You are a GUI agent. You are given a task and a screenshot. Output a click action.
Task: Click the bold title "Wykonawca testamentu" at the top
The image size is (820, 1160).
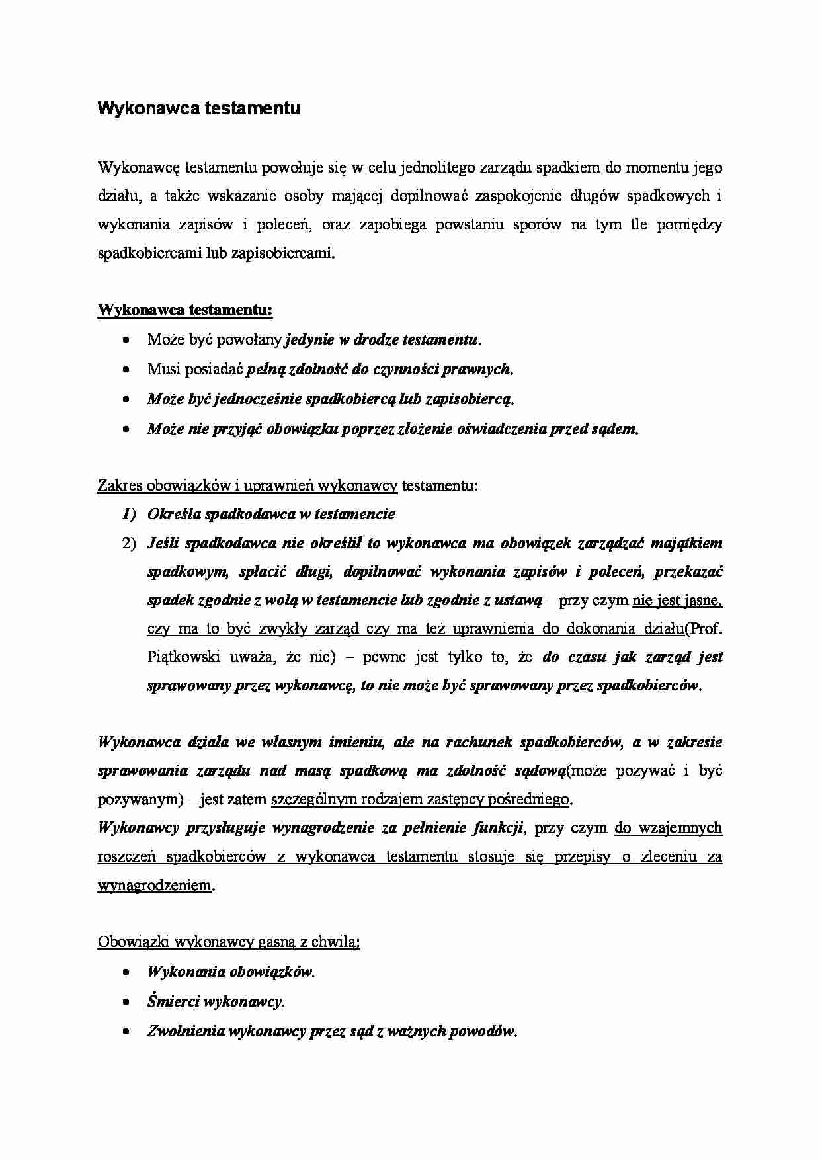[198, 108]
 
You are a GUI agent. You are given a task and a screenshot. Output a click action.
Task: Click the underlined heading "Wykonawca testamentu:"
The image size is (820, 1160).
[185, 310]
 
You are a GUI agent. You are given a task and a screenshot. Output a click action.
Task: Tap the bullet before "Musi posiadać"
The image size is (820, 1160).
[126, 370]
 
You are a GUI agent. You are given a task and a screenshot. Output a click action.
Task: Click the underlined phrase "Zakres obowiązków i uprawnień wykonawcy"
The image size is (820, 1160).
[247, 486]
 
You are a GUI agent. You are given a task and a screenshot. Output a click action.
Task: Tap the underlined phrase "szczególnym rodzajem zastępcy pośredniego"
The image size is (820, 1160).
[420, 799]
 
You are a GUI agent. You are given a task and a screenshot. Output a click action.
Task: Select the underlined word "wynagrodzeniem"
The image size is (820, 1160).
[155, 885]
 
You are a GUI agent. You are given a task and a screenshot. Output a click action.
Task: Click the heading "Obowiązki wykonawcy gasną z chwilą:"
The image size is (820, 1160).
[229, 942]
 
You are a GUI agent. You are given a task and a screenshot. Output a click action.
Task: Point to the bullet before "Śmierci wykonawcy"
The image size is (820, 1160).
[126, 1002]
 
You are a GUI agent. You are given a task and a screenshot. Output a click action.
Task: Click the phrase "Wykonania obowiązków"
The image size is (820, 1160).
[229, 972]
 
